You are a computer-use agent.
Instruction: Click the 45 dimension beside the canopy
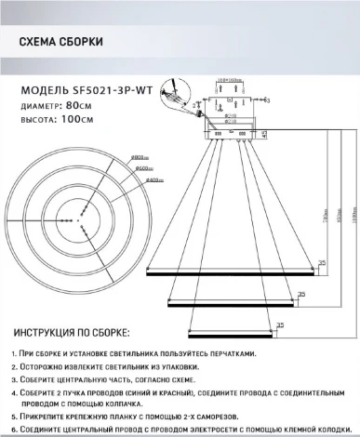(x=265, y=134)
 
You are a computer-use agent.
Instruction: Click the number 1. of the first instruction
(x=15, y=356)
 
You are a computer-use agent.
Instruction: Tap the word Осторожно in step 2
(x=47, y=368)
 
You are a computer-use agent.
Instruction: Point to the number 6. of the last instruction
(x=15, y=429)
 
